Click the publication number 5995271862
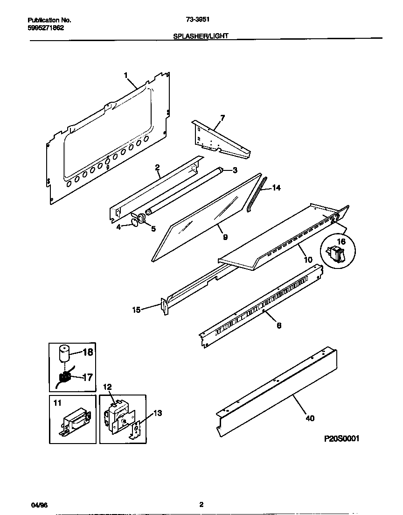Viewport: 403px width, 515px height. click(46, 28)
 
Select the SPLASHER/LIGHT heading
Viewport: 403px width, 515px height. click(201, 35)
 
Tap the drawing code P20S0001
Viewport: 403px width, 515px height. click(342, 438)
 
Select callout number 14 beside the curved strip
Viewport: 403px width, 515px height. click(276, 188)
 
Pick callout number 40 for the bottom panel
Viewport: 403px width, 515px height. click(310, 418)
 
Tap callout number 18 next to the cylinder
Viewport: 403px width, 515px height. click(88, 353)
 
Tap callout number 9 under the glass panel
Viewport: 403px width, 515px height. click(225, 237)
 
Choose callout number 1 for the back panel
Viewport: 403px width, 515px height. click(126, 75)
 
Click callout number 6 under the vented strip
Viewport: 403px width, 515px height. click(278, 325)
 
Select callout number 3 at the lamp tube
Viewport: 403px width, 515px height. click(235, 169)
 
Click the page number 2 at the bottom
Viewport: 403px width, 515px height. click(201, 504)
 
